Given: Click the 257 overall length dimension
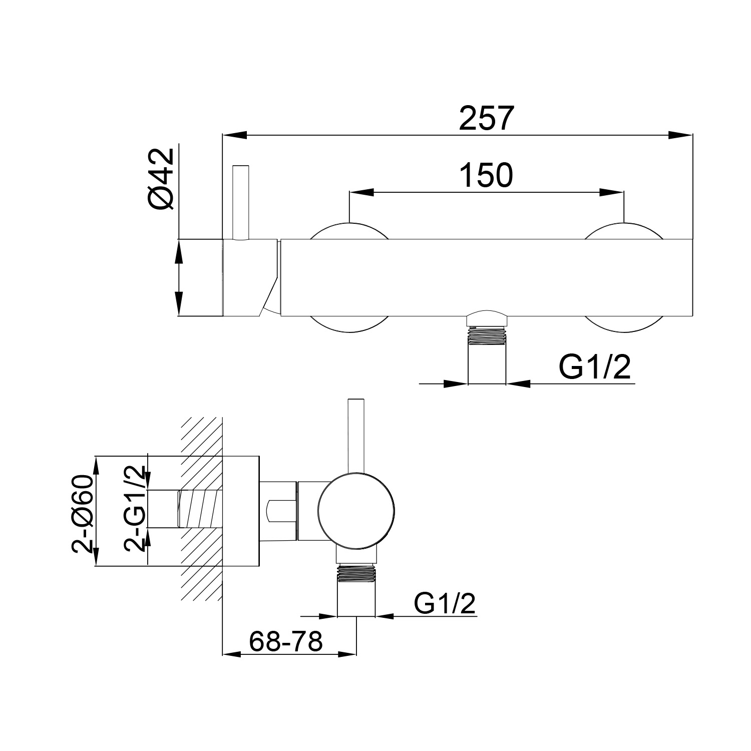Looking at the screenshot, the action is pyautogui.click(x=486, y=119).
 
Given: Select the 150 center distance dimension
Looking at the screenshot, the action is pyautogui.click(x=486, y=176).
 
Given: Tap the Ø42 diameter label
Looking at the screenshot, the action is pyautogui.click(x=161, y=179).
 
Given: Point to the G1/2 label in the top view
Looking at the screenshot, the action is pyautogui.click(x=594, y=368).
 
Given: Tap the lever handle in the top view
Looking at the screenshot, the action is pyautogui.click(x=240, y=202).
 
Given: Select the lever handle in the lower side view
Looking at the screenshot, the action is pyautogui.click(x=356, y=436).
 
